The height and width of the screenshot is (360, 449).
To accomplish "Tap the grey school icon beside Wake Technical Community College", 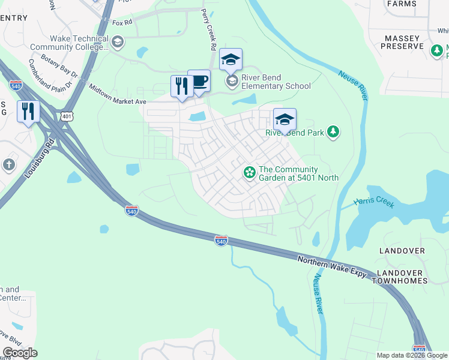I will (117, 41).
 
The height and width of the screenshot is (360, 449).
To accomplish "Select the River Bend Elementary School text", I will (276, 82).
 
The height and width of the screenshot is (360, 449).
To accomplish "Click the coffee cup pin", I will (199, 82).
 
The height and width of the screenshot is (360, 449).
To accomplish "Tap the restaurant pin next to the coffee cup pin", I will (181, 86).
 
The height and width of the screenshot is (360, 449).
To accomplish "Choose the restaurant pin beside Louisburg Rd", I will (28, 112).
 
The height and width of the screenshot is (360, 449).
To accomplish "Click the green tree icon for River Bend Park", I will (333, 131).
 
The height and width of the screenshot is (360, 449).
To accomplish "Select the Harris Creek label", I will (374, 202).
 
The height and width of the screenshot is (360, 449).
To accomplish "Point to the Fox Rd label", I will (122, 23).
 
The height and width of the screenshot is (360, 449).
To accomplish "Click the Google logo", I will (20, 353).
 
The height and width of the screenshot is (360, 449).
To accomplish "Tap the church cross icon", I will (8, 164).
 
